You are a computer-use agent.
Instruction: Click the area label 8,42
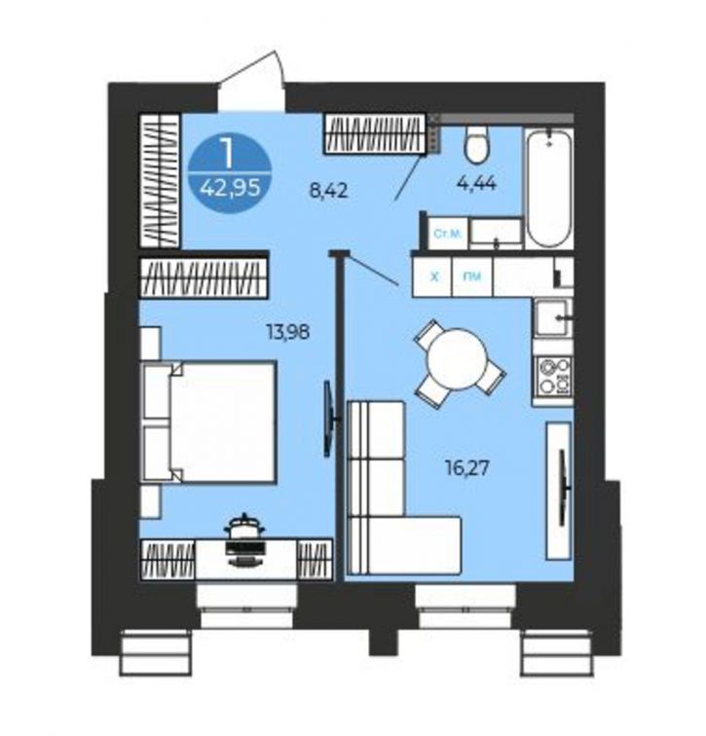pyautogui.click(x=328, y=191)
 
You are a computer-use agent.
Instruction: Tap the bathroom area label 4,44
pyautogui.click(x=476, y=183)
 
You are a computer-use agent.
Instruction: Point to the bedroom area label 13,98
pyautogui.click(x=288, y=332)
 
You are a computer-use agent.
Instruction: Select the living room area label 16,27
pyautogui.click(x=467, y=467)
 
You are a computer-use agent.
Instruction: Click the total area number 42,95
pyautogui.click(x=230, y=188)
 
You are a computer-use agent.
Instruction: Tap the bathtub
pyautogui.click(x=549, y=188)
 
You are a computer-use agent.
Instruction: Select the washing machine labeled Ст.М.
pyautogui.click(x=447, y=234)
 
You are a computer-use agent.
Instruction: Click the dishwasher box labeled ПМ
pyautogui.click(x=472, y=276)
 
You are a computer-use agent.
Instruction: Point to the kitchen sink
pyautogui.click(x=553, y=318)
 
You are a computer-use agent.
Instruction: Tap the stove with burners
pyautogui.click(x=554, y=376)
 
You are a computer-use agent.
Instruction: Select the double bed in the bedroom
pyautogui.click(x=209, y=421)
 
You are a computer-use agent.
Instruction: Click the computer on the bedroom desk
pyautogui.click(x=244, y=539)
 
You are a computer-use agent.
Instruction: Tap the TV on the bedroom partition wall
pyautogui.click(x=330, y=420)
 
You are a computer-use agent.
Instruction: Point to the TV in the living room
pyautogui.click(x=564, y=487)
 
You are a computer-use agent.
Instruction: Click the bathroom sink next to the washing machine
pyautogui.click(x=496, y=234)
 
